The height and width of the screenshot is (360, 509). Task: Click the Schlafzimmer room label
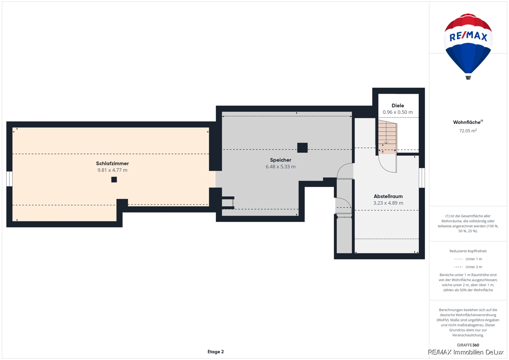[112, 163]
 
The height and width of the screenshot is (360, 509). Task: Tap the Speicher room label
[280, 160]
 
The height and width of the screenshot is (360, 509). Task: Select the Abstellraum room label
[388, 196]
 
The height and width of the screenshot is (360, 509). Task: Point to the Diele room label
[398, 106]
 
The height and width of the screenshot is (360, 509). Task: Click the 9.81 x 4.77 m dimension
[112, 170]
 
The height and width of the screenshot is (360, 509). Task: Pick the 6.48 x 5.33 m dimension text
[280, 167]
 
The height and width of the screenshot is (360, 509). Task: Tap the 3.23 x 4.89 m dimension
[388, 203]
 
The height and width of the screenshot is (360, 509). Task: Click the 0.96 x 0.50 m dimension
[398, 112]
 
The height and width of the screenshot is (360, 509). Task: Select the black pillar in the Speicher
[302, 148]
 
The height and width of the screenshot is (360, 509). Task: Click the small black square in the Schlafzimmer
[114, 180]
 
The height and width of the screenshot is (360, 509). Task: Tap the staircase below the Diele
[387, 136]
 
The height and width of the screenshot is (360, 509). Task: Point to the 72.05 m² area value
[468, 131]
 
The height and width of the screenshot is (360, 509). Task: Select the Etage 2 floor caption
[215, 352]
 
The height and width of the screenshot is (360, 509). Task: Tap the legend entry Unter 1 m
[473, 259]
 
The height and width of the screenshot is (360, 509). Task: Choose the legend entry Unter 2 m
[473, 267]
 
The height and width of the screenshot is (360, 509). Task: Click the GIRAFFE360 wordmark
[468, 345]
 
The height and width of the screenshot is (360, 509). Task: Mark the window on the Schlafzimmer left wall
[9, 179]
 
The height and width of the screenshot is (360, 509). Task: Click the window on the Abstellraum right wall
[422, 178]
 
